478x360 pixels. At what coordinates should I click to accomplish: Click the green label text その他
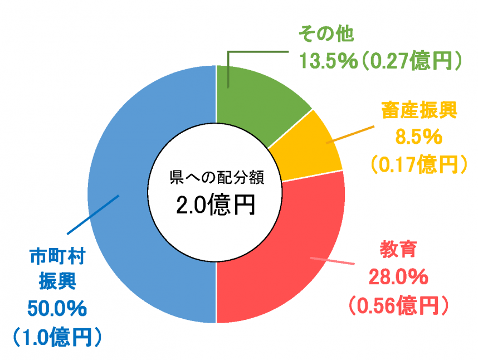point(326,35)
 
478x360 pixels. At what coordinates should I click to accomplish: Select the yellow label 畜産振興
point(419,110)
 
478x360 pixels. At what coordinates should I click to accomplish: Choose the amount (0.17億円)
point(419,163)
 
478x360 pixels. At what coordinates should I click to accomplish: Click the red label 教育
point(398,249)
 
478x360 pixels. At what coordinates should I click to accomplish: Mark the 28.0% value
point(398,276)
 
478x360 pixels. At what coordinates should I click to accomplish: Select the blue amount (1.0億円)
point(57,336)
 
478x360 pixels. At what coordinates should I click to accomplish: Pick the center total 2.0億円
point(216,205)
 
